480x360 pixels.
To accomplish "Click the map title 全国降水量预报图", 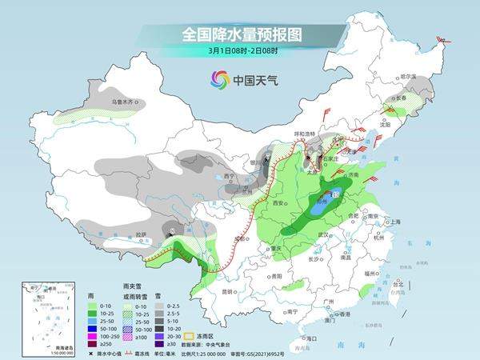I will pyautogui.click(x=240, y=34).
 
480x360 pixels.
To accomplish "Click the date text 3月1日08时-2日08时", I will pyautogui.click(x=240, y=51).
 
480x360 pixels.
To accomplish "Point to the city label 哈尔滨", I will pyautogui.click(x=410, y=76).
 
